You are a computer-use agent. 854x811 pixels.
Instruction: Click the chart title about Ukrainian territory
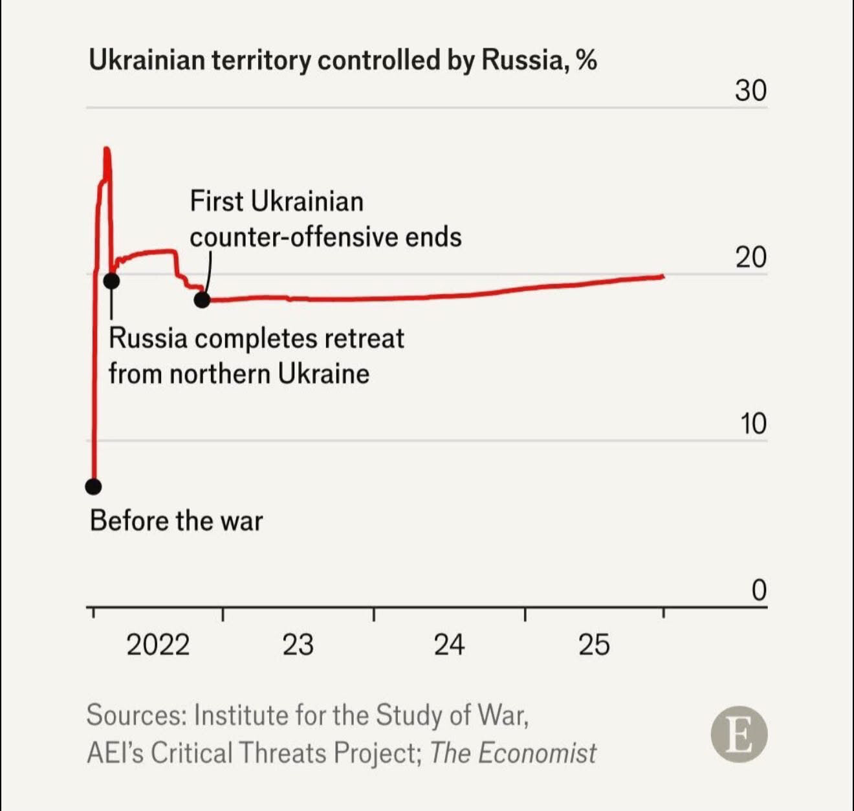[x=342, y=60]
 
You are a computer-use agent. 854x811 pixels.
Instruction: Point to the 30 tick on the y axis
[x=750, y=91]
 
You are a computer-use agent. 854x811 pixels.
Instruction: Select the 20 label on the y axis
[x=750, y=257]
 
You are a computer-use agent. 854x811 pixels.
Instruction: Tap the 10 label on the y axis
[x=752, y=424]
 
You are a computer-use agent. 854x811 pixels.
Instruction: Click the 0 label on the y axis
[x=759, y=590]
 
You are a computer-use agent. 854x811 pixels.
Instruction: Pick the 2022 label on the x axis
[x=158, y=645]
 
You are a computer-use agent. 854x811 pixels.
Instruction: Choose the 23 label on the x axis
[x=298, y=645]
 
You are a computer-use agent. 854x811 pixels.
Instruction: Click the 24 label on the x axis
[x=449, y=645]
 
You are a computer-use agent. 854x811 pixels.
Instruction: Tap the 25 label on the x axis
[x=594, y=645]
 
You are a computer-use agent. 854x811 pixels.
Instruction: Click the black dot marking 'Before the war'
[x=94, y=486]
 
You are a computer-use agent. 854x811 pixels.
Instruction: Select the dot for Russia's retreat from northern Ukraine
[x=111, y=281]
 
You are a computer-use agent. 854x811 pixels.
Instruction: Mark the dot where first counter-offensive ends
[x=203, y=299]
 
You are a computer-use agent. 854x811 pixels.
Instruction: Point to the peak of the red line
[x=107, y=150]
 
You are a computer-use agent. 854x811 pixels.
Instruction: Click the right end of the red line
[x=662, y=276]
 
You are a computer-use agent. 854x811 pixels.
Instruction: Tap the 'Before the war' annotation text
[x=176, y=521]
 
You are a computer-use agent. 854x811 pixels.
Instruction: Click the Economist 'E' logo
[x=739, y=734]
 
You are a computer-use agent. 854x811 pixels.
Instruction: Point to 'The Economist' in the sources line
[x=512, y=753]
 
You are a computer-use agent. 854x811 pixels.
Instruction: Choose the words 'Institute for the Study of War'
[x=361, y=715]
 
